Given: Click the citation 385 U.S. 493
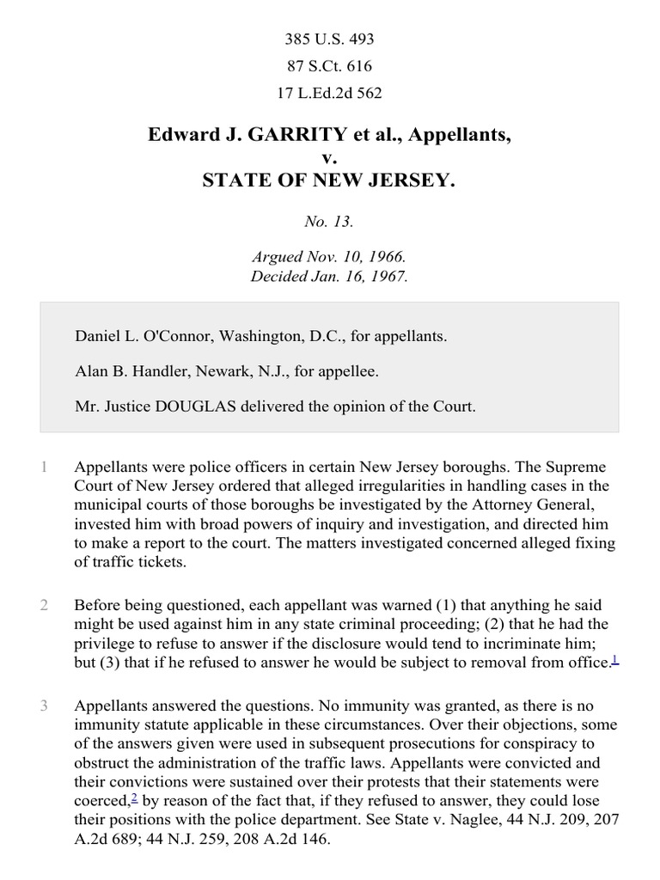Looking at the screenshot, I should (x=329, y=40).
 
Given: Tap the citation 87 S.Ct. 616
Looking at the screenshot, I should (x=329, y=66).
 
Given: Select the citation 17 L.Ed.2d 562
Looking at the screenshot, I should (x=329, y=93).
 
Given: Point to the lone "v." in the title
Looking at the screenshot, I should (x=329, y=158).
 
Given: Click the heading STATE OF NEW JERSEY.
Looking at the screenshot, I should (x=329, y=180).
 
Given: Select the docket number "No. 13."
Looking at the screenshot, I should (x=329, y=223).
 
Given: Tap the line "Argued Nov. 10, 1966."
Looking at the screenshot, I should (x=329, y=258).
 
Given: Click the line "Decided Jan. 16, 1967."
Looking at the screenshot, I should (x=329, y=277).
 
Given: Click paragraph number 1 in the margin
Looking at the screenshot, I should (x=43, y=467).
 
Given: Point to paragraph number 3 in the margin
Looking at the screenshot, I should (x=43, y=706).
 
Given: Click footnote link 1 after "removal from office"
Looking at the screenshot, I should (x=614, y=658).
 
